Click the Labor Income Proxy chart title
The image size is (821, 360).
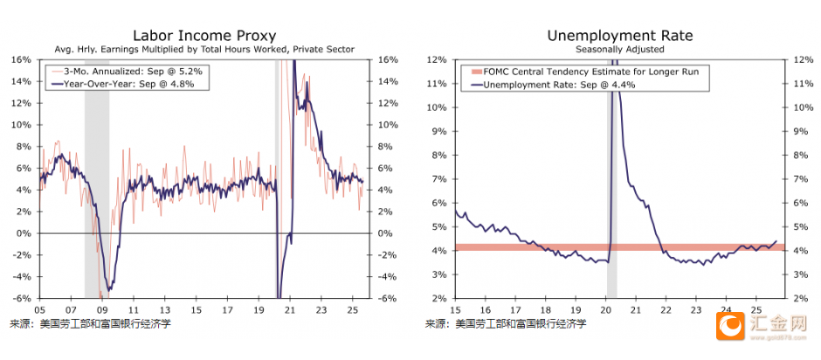point(204,36)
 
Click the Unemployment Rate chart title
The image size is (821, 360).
point(619,36)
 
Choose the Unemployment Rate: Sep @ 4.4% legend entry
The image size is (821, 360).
point(559,85)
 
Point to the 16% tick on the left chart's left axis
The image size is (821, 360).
point(21,60)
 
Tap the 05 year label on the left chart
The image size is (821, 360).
point(39,309)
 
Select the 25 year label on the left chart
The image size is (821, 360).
point(355,309)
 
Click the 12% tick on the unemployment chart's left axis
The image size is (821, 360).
point(437,60)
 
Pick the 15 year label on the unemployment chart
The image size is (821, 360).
point(456,309)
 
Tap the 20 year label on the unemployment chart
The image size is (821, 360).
point(606,309)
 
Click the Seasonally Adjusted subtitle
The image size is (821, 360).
point(619,50)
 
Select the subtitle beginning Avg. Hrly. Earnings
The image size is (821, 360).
point(204,50)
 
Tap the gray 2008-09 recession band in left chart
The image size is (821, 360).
point(96,175)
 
